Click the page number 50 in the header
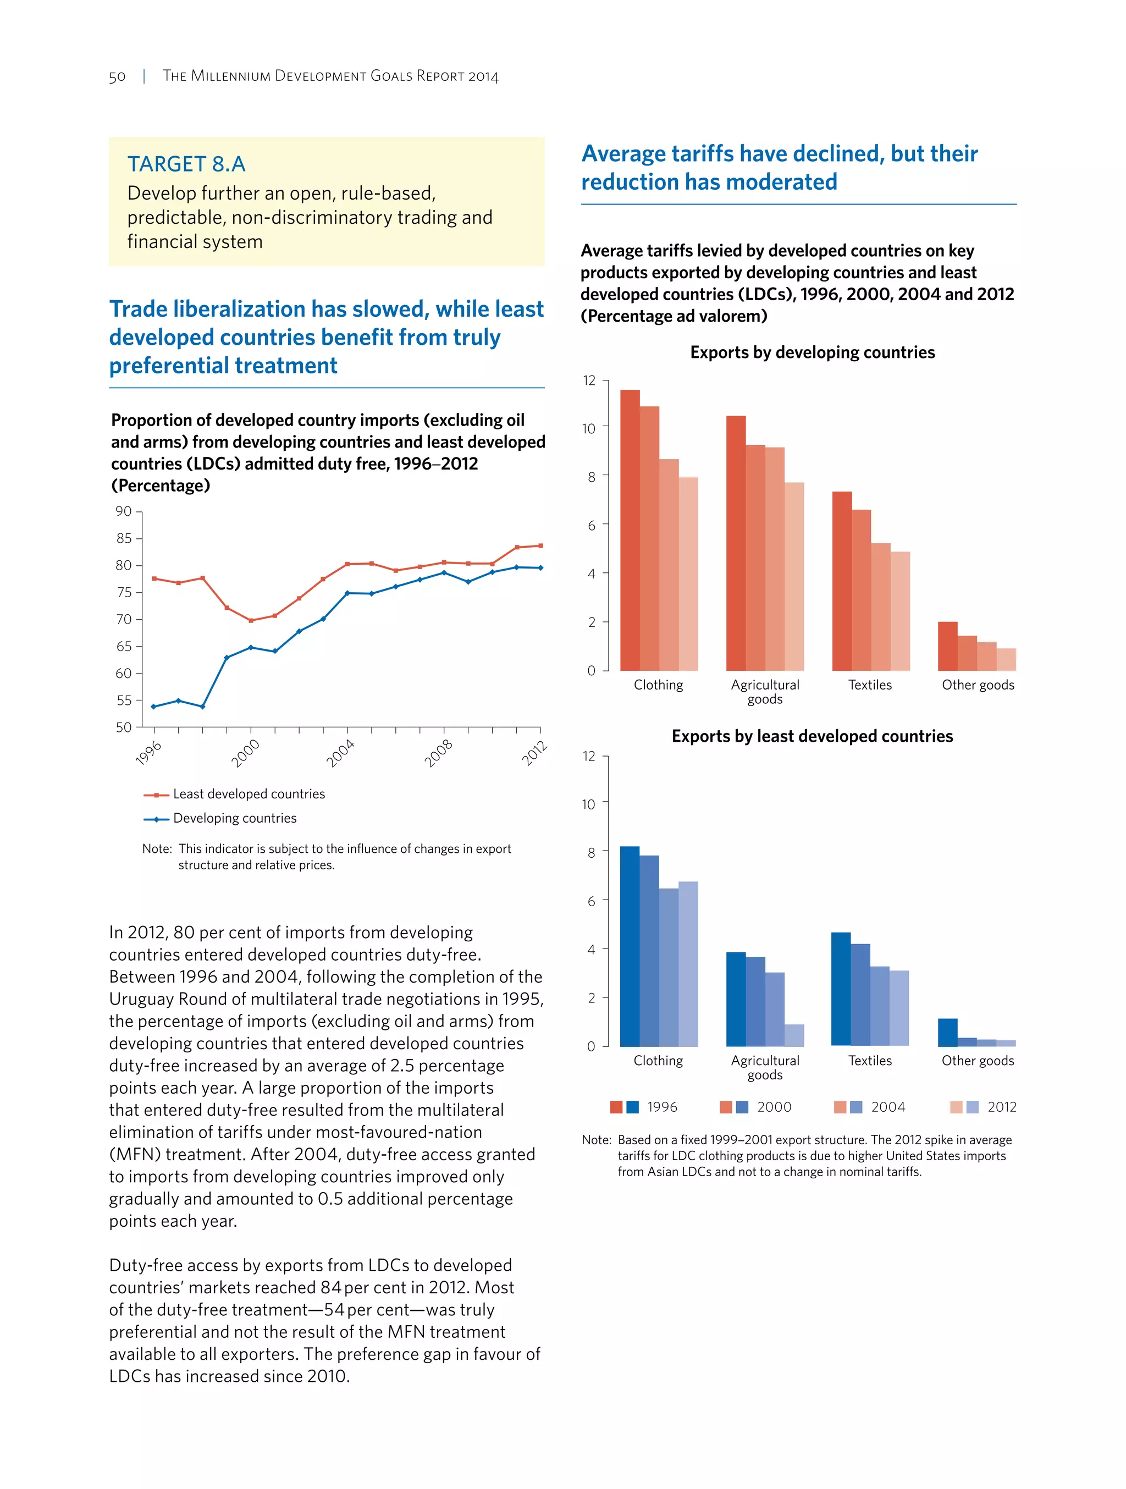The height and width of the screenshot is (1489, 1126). tap(117, 77)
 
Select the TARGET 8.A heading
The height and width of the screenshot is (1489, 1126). tap(186, 164)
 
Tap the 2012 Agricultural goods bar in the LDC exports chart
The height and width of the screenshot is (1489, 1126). tap(794, 1035)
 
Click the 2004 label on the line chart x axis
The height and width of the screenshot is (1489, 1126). tap(340, 753)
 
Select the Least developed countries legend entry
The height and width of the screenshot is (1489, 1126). tap(249, 795)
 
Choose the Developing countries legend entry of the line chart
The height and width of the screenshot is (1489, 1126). tap(234, 819)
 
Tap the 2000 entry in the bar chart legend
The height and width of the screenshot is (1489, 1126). tap(774, 1107)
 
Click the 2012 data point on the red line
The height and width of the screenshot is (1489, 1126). tap(540, 546)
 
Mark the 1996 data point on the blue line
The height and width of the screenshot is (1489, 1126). tap(154, 706)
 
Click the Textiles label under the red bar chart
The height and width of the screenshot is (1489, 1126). tap(870, 685)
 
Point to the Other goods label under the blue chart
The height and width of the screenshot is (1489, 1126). tap(977, 1061)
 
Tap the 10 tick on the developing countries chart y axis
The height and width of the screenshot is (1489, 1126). tap(588, 428)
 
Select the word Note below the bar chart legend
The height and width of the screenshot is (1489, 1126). tap(595, 1140)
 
